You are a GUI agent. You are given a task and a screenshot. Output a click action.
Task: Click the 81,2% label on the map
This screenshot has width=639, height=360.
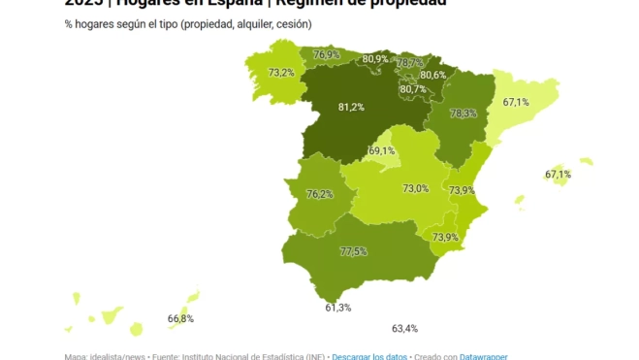(350, 107)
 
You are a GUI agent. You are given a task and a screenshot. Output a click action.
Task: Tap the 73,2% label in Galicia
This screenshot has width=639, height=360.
(281, 73)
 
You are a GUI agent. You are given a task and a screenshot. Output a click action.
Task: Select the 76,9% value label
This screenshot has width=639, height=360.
(327, 55)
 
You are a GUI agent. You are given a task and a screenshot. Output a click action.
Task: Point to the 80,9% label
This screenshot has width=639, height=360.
(375, 59)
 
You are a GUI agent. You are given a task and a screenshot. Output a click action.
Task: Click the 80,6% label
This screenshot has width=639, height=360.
(432, 75)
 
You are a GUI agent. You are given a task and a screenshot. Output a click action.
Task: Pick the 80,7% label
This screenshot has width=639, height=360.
(412, 89)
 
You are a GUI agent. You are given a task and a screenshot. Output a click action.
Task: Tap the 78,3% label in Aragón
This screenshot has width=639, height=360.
(463, 114)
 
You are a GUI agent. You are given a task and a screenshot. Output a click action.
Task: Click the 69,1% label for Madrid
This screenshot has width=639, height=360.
(382, 150)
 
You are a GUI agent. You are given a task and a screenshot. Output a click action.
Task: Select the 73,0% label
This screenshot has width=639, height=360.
(416, 188)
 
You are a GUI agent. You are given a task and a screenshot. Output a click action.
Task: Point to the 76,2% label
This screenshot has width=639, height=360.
(319, 194)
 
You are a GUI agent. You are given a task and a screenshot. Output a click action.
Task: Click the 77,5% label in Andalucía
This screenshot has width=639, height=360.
(353, 251)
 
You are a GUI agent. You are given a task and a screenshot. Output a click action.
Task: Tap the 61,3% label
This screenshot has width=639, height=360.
(338, 308)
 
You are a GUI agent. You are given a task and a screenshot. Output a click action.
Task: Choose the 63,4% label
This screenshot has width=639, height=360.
(404, 328)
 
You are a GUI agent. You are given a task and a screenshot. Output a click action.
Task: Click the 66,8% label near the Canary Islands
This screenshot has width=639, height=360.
(180, 318)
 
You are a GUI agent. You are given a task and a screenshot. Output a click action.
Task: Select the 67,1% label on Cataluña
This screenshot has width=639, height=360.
(516, 102)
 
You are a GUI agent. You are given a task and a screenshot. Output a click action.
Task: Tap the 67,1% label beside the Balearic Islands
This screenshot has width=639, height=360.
(558, 175)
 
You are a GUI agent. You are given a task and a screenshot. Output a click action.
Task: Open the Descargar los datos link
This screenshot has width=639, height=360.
(370, 356)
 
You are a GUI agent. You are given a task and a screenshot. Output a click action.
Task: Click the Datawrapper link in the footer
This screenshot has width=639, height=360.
(483, 356)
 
